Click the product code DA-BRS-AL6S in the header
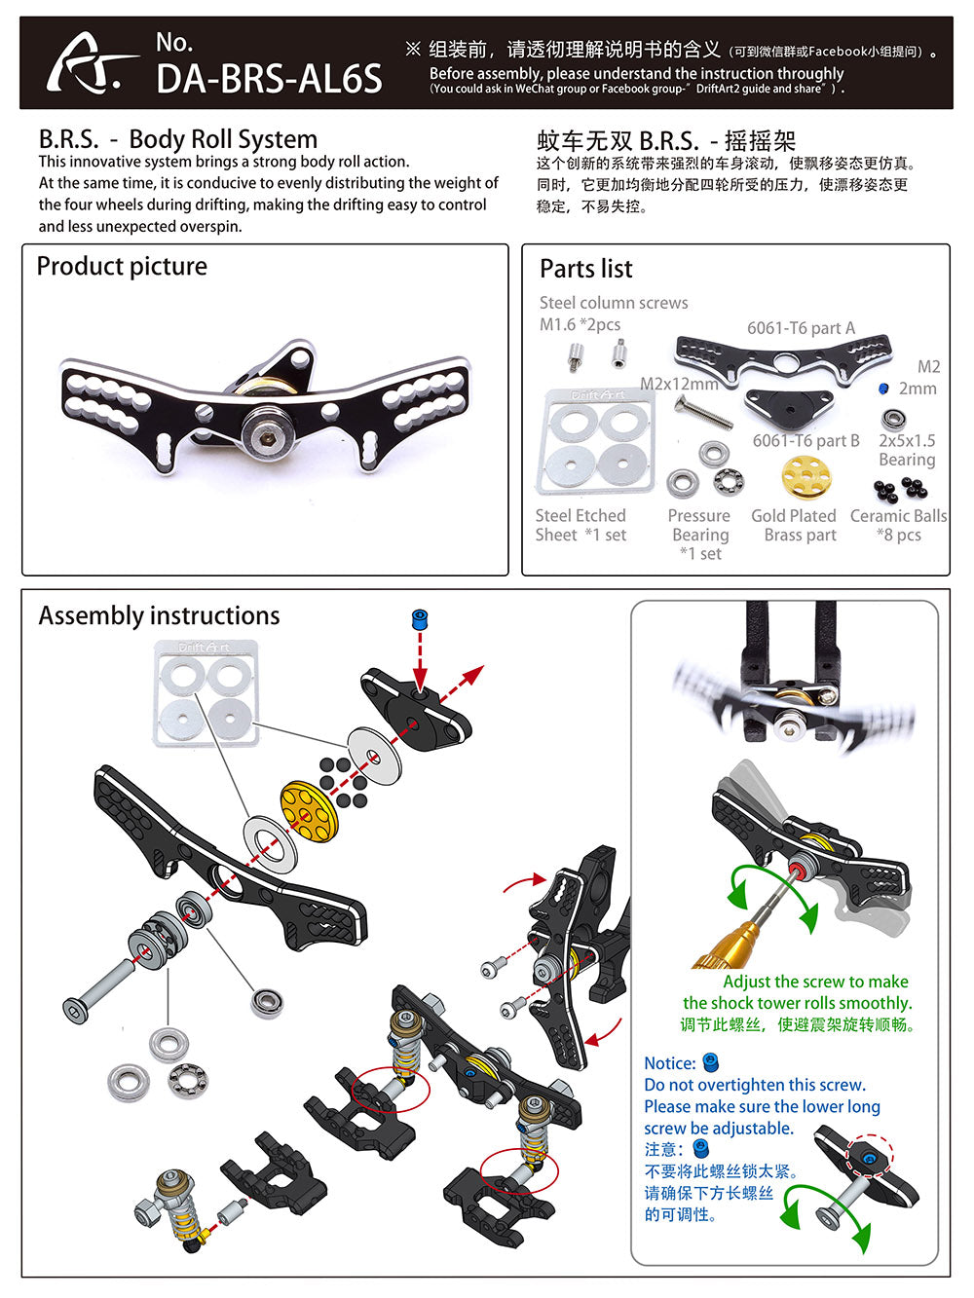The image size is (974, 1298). (x=269, y=79)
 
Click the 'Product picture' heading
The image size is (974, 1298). (x=122, y=266)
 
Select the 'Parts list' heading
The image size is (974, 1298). (x=585, y=269)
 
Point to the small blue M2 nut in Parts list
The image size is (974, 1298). (x=883, y=389)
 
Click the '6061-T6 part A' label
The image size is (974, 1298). (x=801, y=328)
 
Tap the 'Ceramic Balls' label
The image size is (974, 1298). (x=898, y=516)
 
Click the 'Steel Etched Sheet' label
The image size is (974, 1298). (x=581, y=525)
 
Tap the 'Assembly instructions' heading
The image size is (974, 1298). (x=159, y=615)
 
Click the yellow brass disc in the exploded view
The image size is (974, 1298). (x=308, y=805)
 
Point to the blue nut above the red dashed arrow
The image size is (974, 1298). (x=420, y=619)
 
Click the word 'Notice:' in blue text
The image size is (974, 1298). (x=670, y=1063)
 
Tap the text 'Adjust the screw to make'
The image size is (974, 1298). (x=815, y=982)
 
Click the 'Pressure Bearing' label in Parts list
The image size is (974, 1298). (x=699, y=526)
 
